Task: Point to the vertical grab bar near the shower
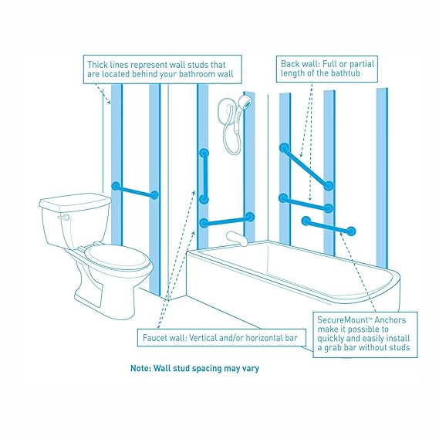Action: pos(204,176)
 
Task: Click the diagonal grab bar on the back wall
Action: pos(307,166)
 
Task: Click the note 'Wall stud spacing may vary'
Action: pos(194,368)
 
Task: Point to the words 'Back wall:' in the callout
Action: pos(300,62)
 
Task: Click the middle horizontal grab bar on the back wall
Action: pos(306,203)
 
